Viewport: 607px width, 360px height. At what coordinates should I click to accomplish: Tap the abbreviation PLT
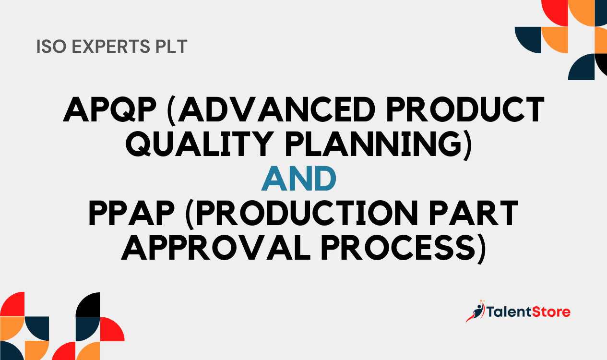(x=171, y=47)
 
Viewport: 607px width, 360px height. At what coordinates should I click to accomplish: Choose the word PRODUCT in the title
(x=464, y=109)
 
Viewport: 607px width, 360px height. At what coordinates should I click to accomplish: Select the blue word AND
(x=299, y=179)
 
